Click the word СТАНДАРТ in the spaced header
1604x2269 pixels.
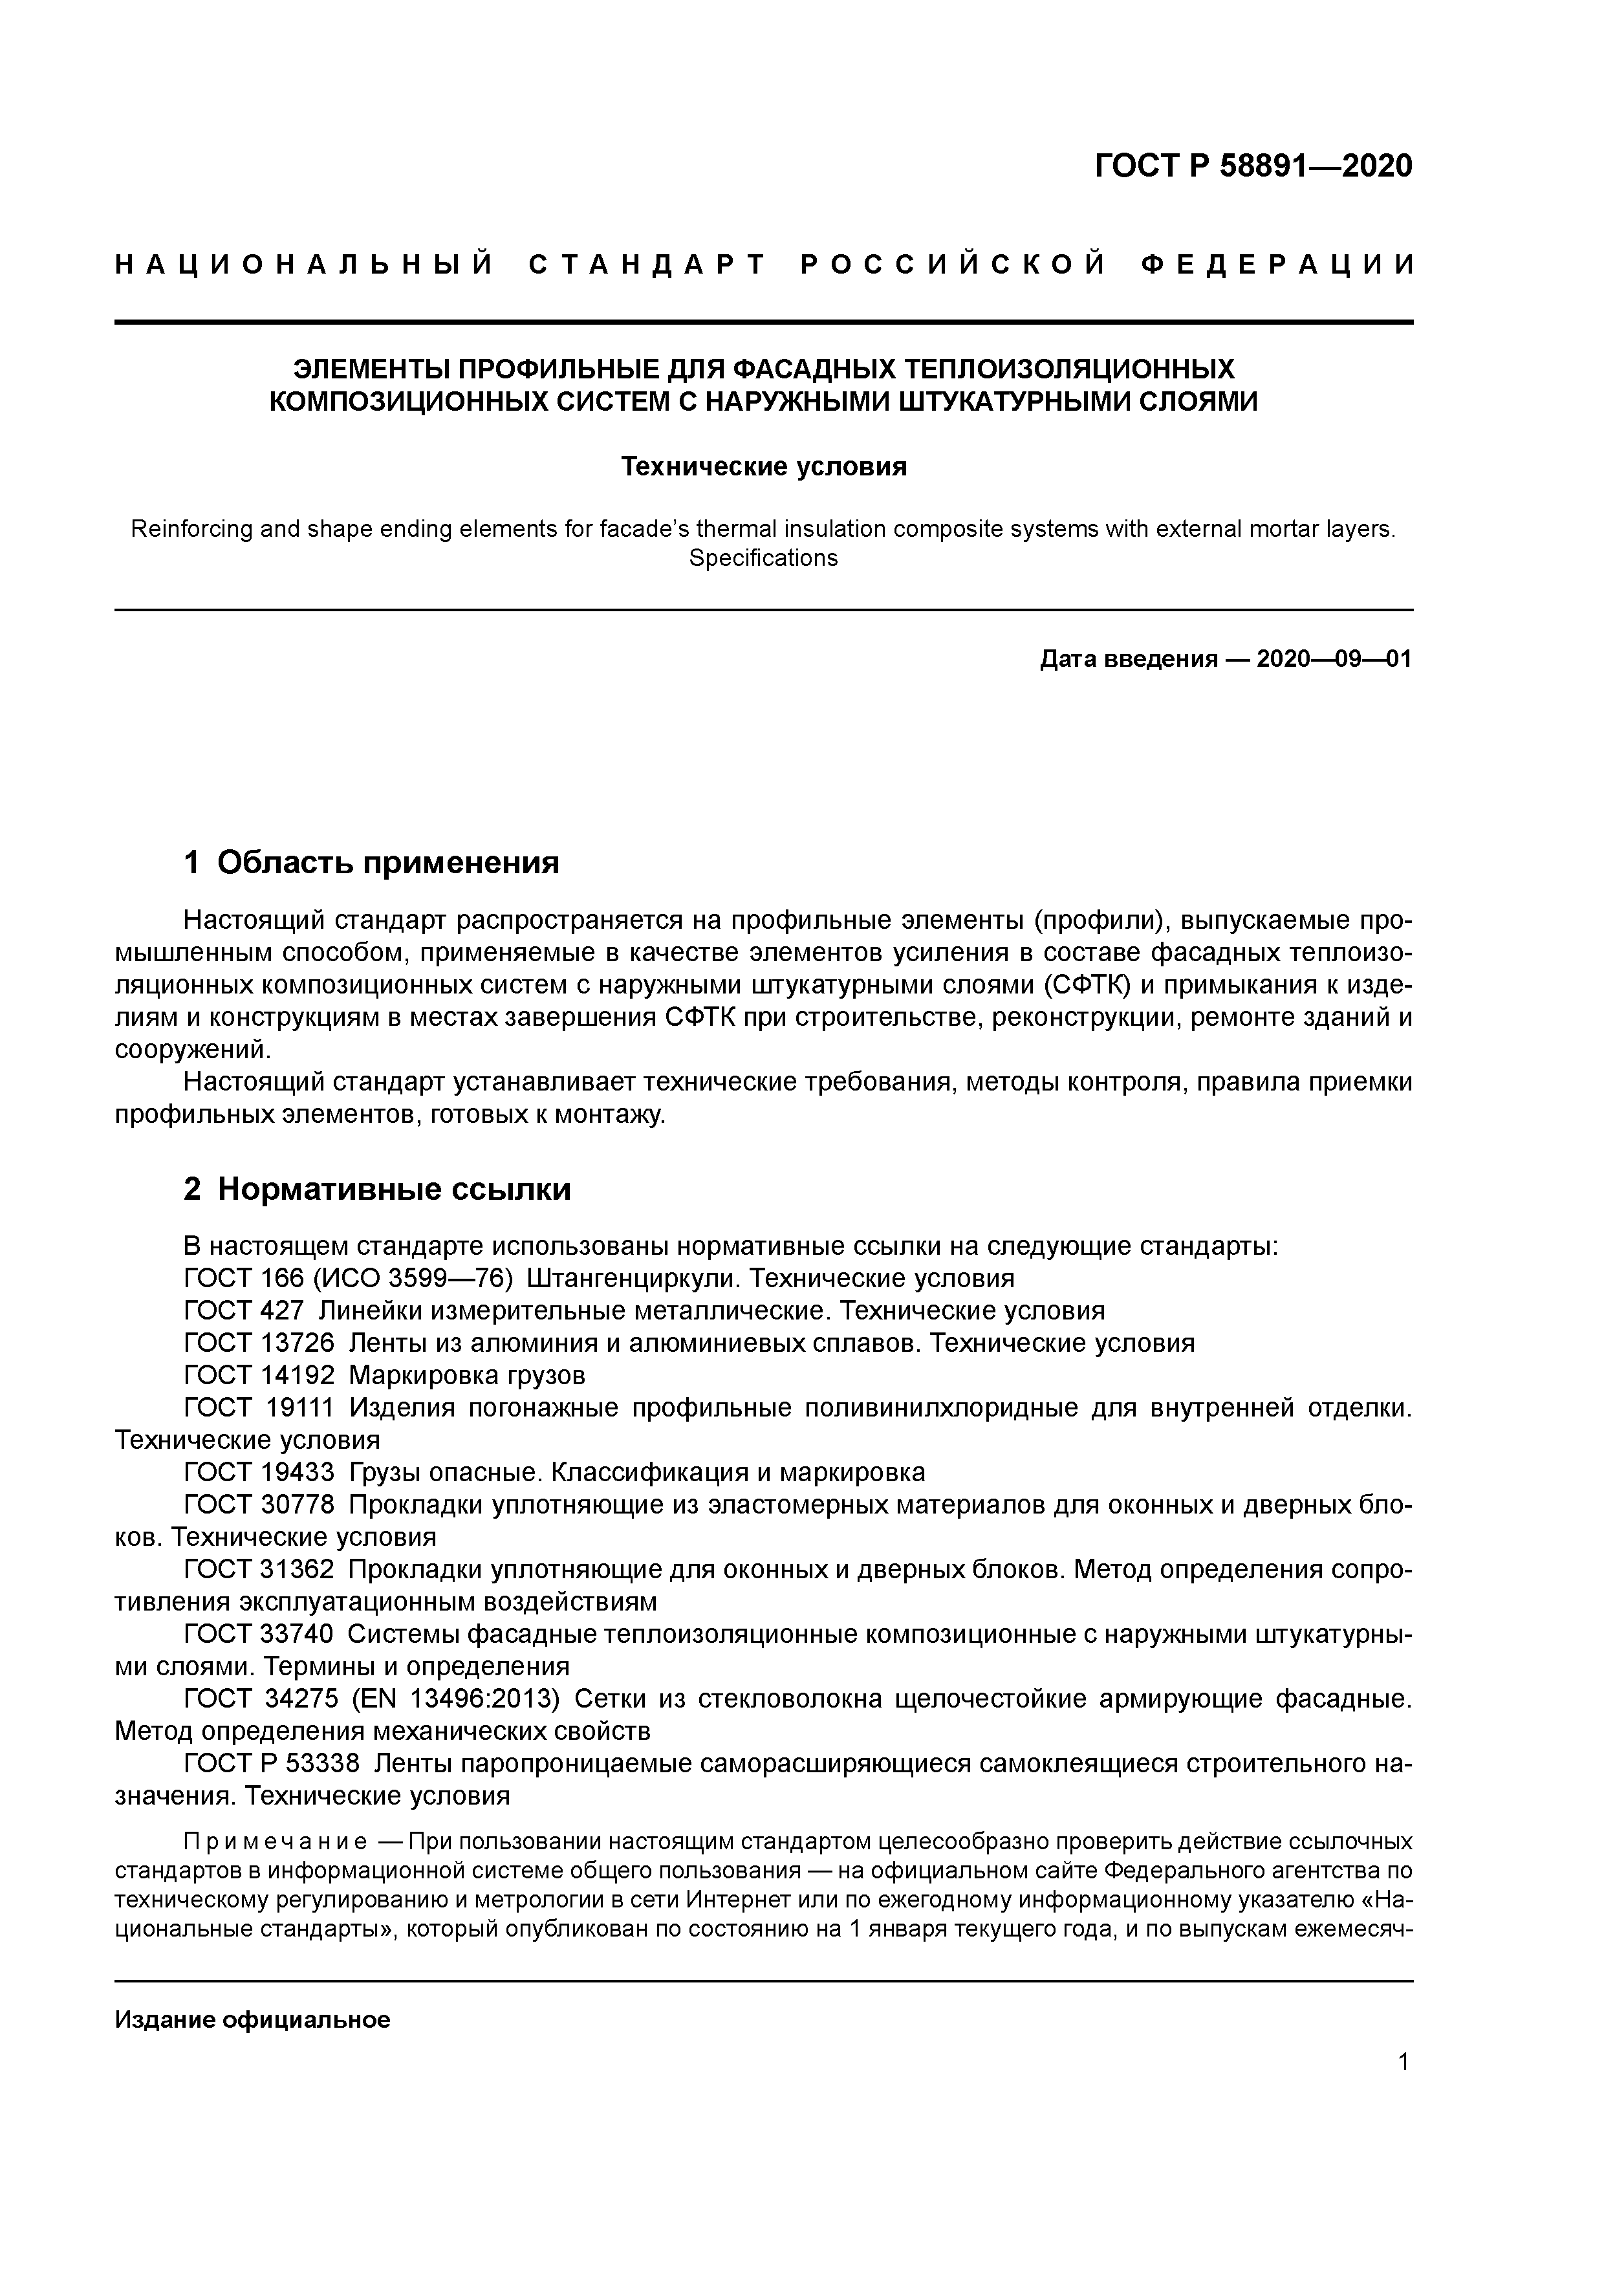tap(647, 265)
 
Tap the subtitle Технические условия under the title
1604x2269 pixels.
tap(763, 466)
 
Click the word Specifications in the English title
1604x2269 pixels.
tap(763, 558)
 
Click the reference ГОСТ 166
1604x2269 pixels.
tap(244, 1279)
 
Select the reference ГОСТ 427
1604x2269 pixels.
tap(244, 1311)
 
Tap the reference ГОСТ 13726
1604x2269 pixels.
tap(259, 1343)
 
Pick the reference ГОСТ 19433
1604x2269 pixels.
tap(259, 1473)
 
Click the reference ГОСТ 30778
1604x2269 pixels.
tap(259, 1505)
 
